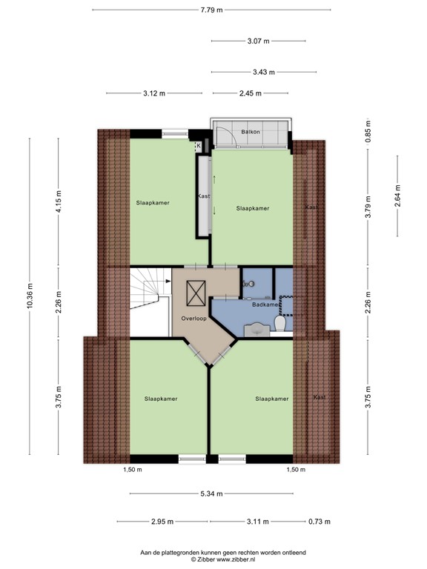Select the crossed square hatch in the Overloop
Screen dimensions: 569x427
click(x=196, y=294)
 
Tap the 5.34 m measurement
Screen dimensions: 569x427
click(x=213, y=494)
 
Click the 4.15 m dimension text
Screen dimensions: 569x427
click(x=60, y=201)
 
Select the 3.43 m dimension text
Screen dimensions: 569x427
click(x=262, y=72)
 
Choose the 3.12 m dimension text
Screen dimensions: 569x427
click(x=153, y=93)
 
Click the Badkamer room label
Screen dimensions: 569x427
click(x=265, y=305)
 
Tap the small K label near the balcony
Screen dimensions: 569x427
click(x=198, y=146)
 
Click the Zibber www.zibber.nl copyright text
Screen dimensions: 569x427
click(x=213, y=560)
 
